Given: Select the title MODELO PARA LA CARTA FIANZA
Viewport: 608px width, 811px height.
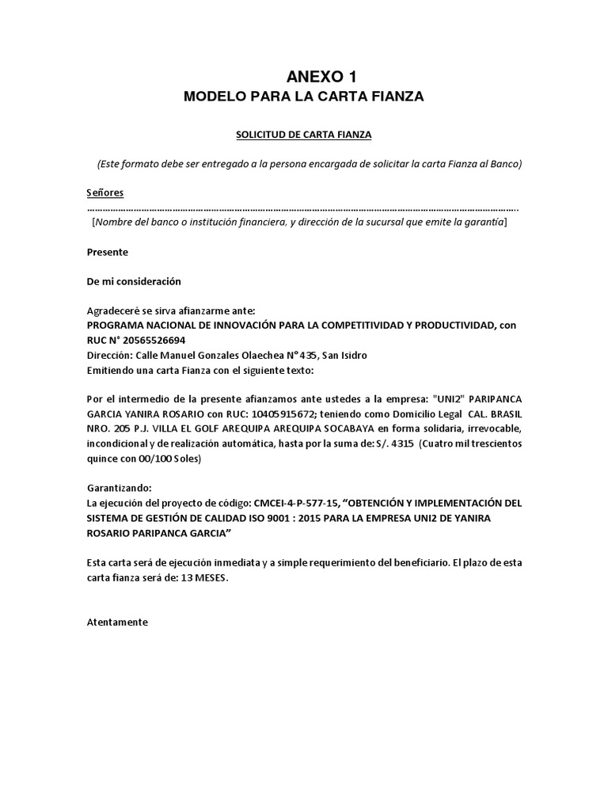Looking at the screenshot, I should pos(304,97).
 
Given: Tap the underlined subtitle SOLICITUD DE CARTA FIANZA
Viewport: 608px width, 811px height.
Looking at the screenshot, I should pos(304,135).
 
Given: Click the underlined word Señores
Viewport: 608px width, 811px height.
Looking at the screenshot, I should pos(104,192).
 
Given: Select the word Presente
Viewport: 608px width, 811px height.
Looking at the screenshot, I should pos(107,252).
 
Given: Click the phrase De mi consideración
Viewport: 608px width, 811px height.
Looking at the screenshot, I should pos(134,281).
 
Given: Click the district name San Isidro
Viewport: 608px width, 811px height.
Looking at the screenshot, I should pos(344,355).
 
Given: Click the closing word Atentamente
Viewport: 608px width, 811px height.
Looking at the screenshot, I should pos(117,622).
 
